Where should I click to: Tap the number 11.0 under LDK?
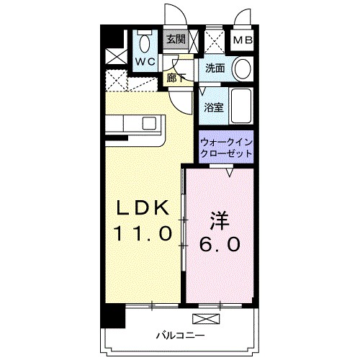coord(143,234)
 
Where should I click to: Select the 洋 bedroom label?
coord(220,217)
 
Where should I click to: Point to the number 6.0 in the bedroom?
coord(220,243)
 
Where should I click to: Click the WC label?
coord(147,63)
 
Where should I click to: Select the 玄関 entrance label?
coord(176,40)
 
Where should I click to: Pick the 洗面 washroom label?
coord(214,69)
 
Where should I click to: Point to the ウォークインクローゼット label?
coord(226,148)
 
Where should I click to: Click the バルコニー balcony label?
coord(180,335)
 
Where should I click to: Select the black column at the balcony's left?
coord(109,316)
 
